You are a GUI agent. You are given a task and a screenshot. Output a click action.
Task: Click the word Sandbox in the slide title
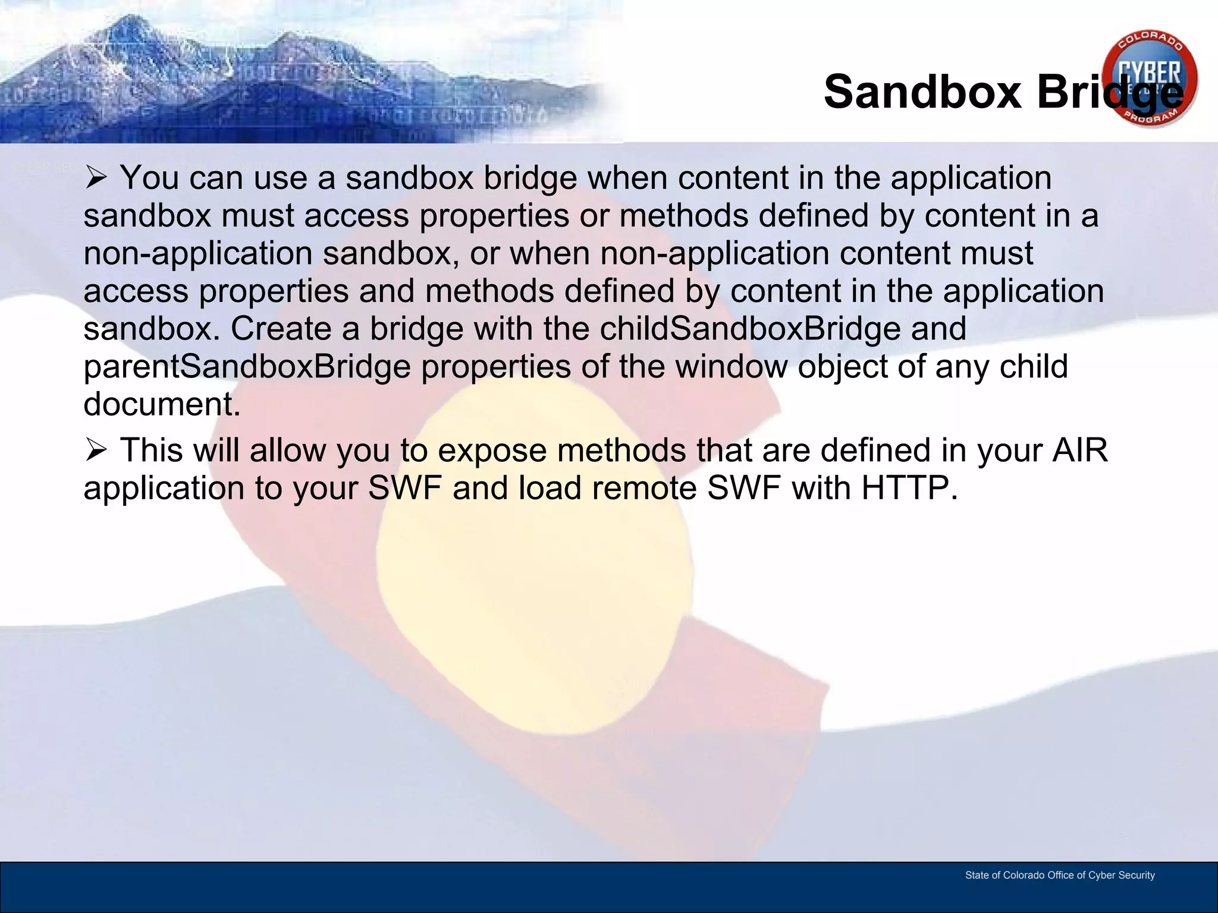pos(922,92)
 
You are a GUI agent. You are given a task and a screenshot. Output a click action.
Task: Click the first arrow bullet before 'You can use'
pos(96,178)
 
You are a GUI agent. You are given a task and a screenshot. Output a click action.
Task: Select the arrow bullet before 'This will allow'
pos(96,450)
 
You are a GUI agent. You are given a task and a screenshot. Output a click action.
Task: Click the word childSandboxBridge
pos(750,329)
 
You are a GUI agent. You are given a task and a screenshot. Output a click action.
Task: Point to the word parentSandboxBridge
pos(247,367)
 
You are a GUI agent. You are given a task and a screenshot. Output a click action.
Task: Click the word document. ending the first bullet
pos(162,405)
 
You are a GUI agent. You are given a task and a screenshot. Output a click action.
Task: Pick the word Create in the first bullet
pos(281,329)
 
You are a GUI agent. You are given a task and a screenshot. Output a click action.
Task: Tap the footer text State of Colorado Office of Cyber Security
pos(1059,875)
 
